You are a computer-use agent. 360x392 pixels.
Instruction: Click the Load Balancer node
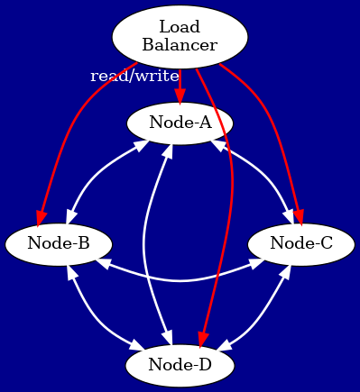coord(180,36)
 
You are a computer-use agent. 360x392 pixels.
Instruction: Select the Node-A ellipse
coord(180,122)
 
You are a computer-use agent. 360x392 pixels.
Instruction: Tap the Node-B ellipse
coord(58,242)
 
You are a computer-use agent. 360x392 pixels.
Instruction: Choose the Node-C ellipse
coord(301,242)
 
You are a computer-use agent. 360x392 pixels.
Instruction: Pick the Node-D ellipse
coord(180,364)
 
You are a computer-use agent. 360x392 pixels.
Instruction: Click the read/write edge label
coord(134,76)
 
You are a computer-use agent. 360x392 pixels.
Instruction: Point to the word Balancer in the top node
coord(180,45)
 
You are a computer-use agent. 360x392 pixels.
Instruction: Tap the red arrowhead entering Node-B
coord(42,218)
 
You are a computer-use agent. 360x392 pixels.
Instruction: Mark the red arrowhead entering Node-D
coord(203,339)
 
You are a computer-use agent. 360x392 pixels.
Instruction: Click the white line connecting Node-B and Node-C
coord(180,280)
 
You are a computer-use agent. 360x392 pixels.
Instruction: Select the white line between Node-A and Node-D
coord(146,243)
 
